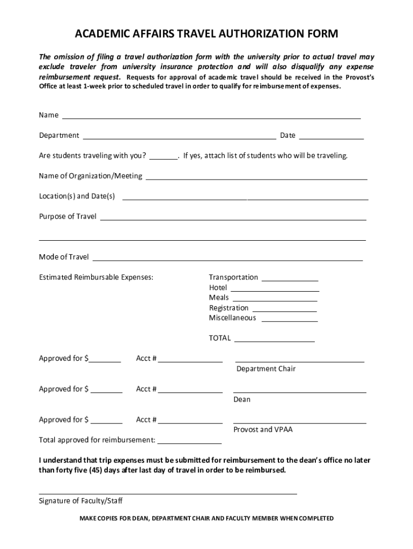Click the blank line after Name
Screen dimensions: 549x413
211,116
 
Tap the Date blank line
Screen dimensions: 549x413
331,137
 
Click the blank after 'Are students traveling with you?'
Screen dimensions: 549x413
164,157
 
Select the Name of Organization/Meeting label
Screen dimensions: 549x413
90,176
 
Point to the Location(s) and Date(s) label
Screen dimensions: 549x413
77,196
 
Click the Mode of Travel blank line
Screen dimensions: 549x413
227,258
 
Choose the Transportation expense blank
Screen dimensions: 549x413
290,279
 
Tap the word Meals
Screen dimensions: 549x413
219,298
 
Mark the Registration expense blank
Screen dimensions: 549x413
284,309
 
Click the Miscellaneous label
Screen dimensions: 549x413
232,318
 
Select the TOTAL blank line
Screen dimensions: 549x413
274,340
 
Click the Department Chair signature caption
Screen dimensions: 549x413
266,369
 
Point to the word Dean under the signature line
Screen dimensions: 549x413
242,399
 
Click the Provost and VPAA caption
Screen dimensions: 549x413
263,430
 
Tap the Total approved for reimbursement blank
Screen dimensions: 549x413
189,442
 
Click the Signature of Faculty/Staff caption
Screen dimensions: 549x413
80,501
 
